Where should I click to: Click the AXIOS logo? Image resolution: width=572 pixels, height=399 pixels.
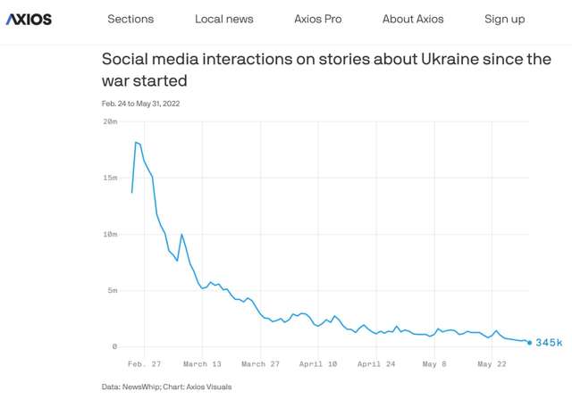[x=29, y=19]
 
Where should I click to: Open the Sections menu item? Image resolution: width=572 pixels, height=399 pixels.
[x=130, y=19]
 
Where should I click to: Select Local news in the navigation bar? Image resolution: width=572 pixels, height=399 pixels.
[x=223, y=19]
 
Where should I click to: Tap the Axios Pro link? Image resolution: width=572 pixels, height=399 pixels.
[x=317, y=19]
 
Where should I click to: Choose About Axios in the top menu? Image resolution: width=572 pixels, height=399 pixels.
[x=412, y=19]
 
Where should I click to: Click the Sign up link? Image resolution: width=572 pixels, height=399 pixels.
[x=504, y=19]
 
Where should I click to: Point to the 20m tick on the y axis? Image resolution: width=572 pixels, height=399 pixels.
[x=110, y=121]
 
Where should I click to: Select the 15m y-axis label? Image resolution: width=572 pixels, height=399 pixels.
[x=110, y=177]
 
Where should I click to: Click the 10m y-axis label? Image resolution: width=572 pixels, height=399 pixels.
[x=110, y=234]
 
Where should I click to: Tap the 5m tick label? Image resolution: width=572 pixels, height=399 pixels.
[x=113, y=290]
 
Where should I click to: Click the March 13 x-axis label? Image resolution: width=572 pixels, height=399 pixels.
[x=202, y=364]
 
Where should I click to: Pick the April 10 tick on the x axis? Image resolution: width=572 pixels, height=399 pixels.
[x=318, y=364]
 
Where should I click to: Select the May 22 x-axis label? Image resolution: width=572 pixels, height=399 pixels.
[x=492, y=364]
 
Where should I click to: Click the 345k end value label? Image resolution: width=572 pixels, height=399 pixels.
[x=549, y=343]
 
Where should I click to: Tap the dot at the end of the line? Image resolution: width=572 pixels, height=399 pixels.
[x=529, y=342]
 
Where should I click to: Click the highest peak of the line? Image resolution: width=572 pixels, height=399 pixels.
[x=136, y=142]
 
